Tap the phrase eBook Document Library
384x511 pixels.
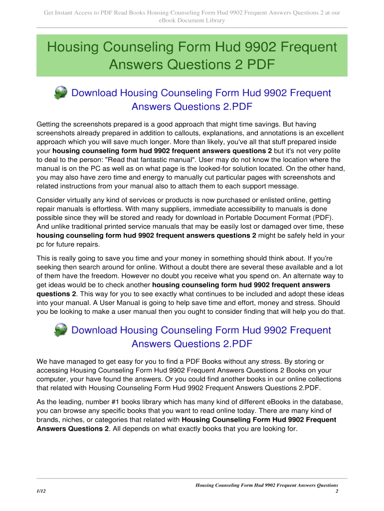pyautogui.click(x=192, y=20)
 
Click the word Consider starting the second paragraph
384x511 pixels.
pyautogui.click(x=53, y=200)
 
